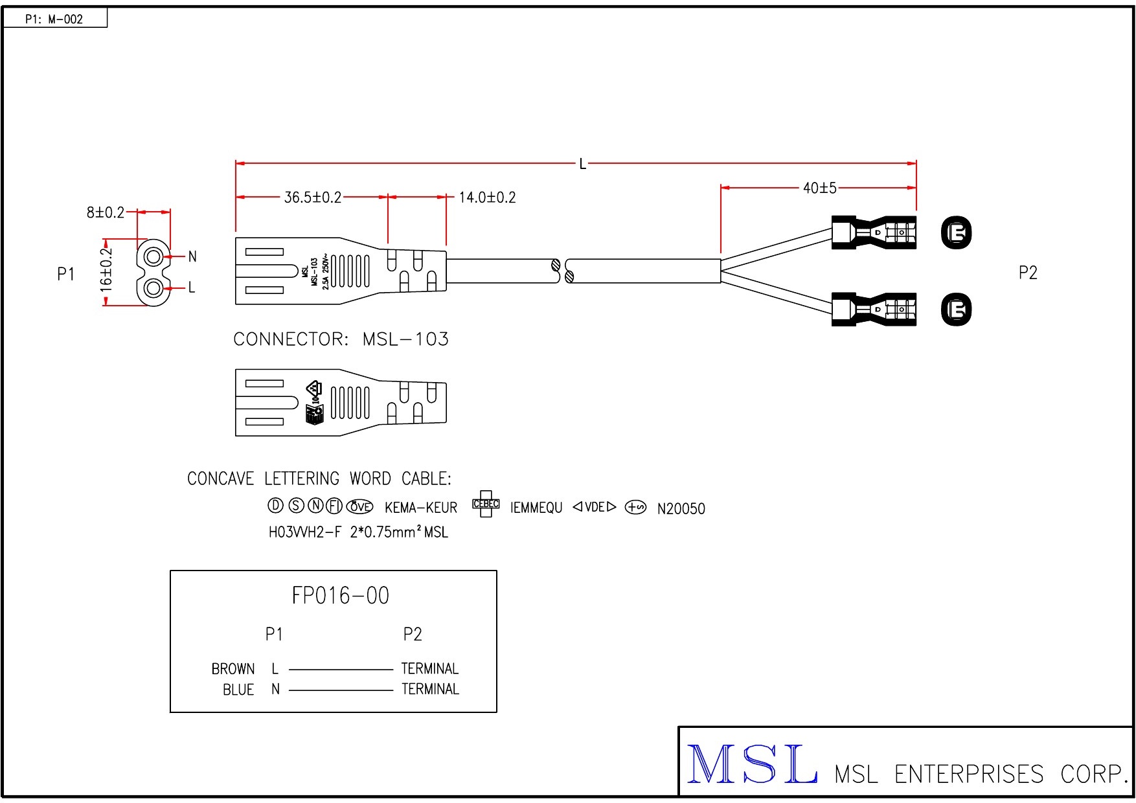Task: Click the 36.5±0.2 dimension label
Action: pos(313,198)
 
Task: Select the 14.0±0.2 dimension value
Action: pos(487,198)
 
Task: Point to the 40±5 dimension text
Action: pos(819,188)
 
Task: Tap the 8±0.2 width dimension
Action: pos(106,212)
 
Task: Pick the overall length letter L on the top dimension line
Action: pos(582,164)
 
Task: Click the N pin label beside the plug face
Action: pos(192,256)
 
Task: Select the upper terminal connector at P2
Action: pos(874,232)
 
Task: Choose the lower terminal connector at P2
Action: pos(874,310)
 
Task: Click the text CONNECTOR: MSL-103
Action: pos(341,339)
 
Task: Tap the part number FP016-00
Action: pos(340,596)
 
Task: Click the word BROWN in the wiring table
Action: pos(233,669)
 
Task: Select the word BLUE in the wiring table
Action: pos(238,690)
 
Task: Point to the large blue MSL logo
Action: pos(752,765)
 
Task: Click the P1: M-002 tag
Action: pos(54,19)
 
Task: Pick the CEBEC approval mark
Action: pos(486,504)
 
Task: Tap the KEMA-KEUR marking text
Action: pos(421,508)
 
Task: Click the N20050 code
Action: pos(681,509)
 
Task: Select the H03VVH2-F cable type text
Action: pos(304,533)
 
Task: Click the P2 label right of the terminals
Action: pos(1028,273)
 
